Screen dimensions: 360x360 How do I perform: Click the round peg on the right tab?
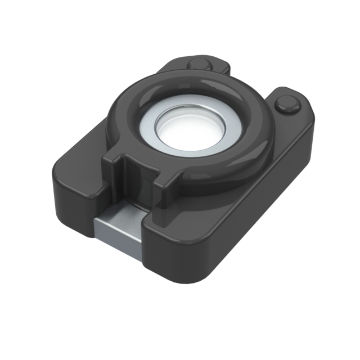pyautogui.click(x=287, y=103)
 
